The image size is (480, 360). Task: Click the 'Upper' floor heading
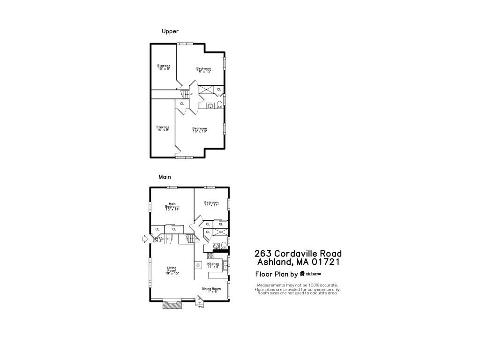point(170,31)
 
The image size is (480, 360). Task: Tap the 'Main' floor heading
point(165,177)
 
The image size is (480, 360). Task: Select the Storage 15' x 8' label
point(164,67)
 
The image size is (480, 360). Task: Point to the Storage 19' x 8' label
point(163,128)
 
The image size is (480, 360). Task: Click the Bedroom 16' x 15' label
point(203,70)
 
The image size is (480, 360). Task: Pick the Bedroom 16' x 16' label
point(200,130)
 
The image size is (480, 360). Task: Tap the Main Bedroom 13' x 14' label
point(172,207)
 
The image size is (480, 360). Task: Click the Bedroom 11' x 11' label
point(211,203)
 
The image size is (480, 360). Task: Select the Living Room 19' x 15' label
point(172,270)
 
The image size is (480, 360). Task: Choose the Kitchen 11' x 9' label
point(213,265)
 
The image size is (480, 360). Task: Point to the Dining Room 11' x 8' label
point(211,290)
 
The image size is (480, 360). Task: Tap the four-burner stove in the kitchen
point(210,256)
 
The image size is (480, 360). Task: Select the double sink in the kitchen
point(225,266)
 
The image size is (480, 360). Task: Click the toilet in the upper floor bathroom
point(219,105)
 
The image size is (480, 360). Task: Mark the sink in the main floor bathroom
point(216,246)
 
